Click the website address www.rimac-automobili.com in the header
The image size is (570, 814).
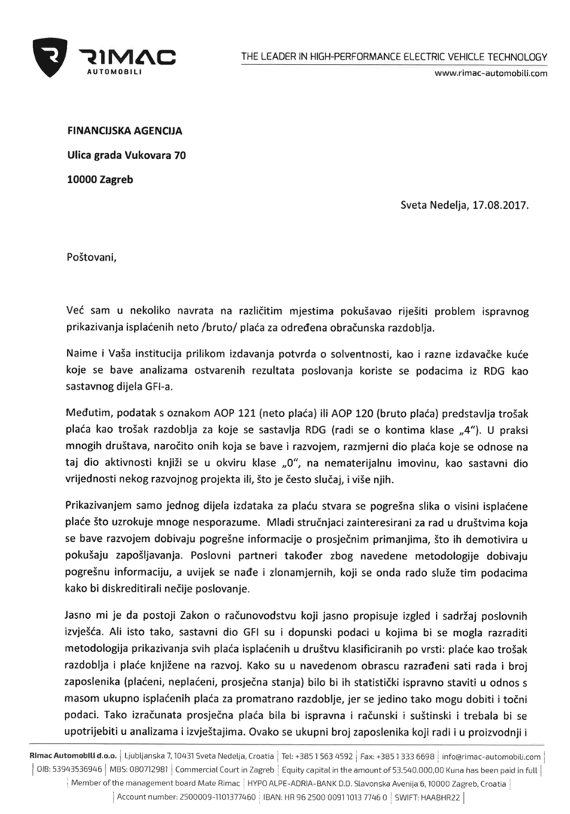(491, 73)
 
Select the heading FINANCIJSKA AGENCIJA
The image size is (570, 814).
(125, 130)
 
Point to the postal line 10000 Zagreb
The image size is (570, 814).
(99, 181)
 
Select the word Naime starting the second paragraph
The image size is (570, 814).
(81, 347)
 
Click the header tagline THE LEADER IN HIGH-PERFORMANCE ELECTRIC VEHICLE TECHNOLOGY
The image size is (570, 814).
(394, 57)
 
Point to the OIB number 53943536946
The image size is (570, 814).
(72, 770)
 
